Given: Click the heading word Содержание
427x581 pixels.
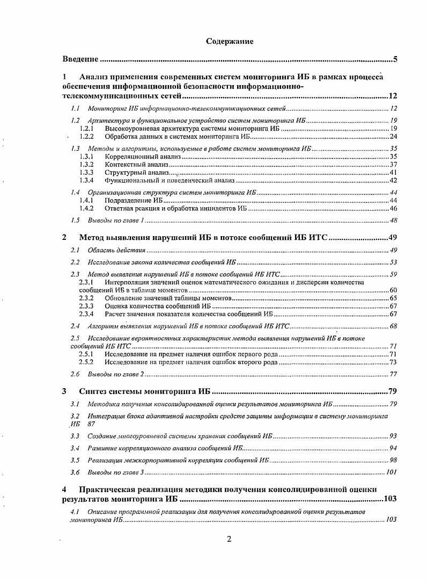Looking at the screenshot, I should pyautogui.click(x=230, y=41).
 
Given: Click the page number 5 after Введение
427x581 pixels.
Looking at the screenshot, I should pyautogui.click(x=394, y=59).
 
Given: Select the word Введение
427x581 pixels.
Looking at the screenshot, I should pyautogui.click(x=80, y=59).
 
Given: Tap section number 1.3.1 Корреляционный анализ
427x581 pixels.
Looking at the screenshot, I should pyautogui.click(x=87, y=156).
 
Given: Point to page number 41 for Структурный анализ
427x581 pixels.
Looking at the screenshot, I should pyautogui.click(x=393, y=173).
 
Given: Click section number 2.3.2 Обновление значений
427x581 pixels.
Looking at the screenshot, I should pyautogui.click(x=87, y=298).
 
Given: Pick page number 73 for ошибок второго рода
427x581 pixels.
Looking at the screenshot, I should pyautogui.click(x=393, y=363).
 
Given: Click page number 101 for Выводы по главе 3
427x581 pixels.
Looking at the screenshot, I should pyautogui.click(x=391, y=472).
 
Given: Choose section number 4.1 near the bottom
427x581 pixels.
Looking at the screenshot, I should pyautogui.click(x=75, y=512).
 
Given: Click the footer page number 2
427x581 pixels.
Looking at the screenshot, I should pyautogui.click(x=229, y=539).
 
